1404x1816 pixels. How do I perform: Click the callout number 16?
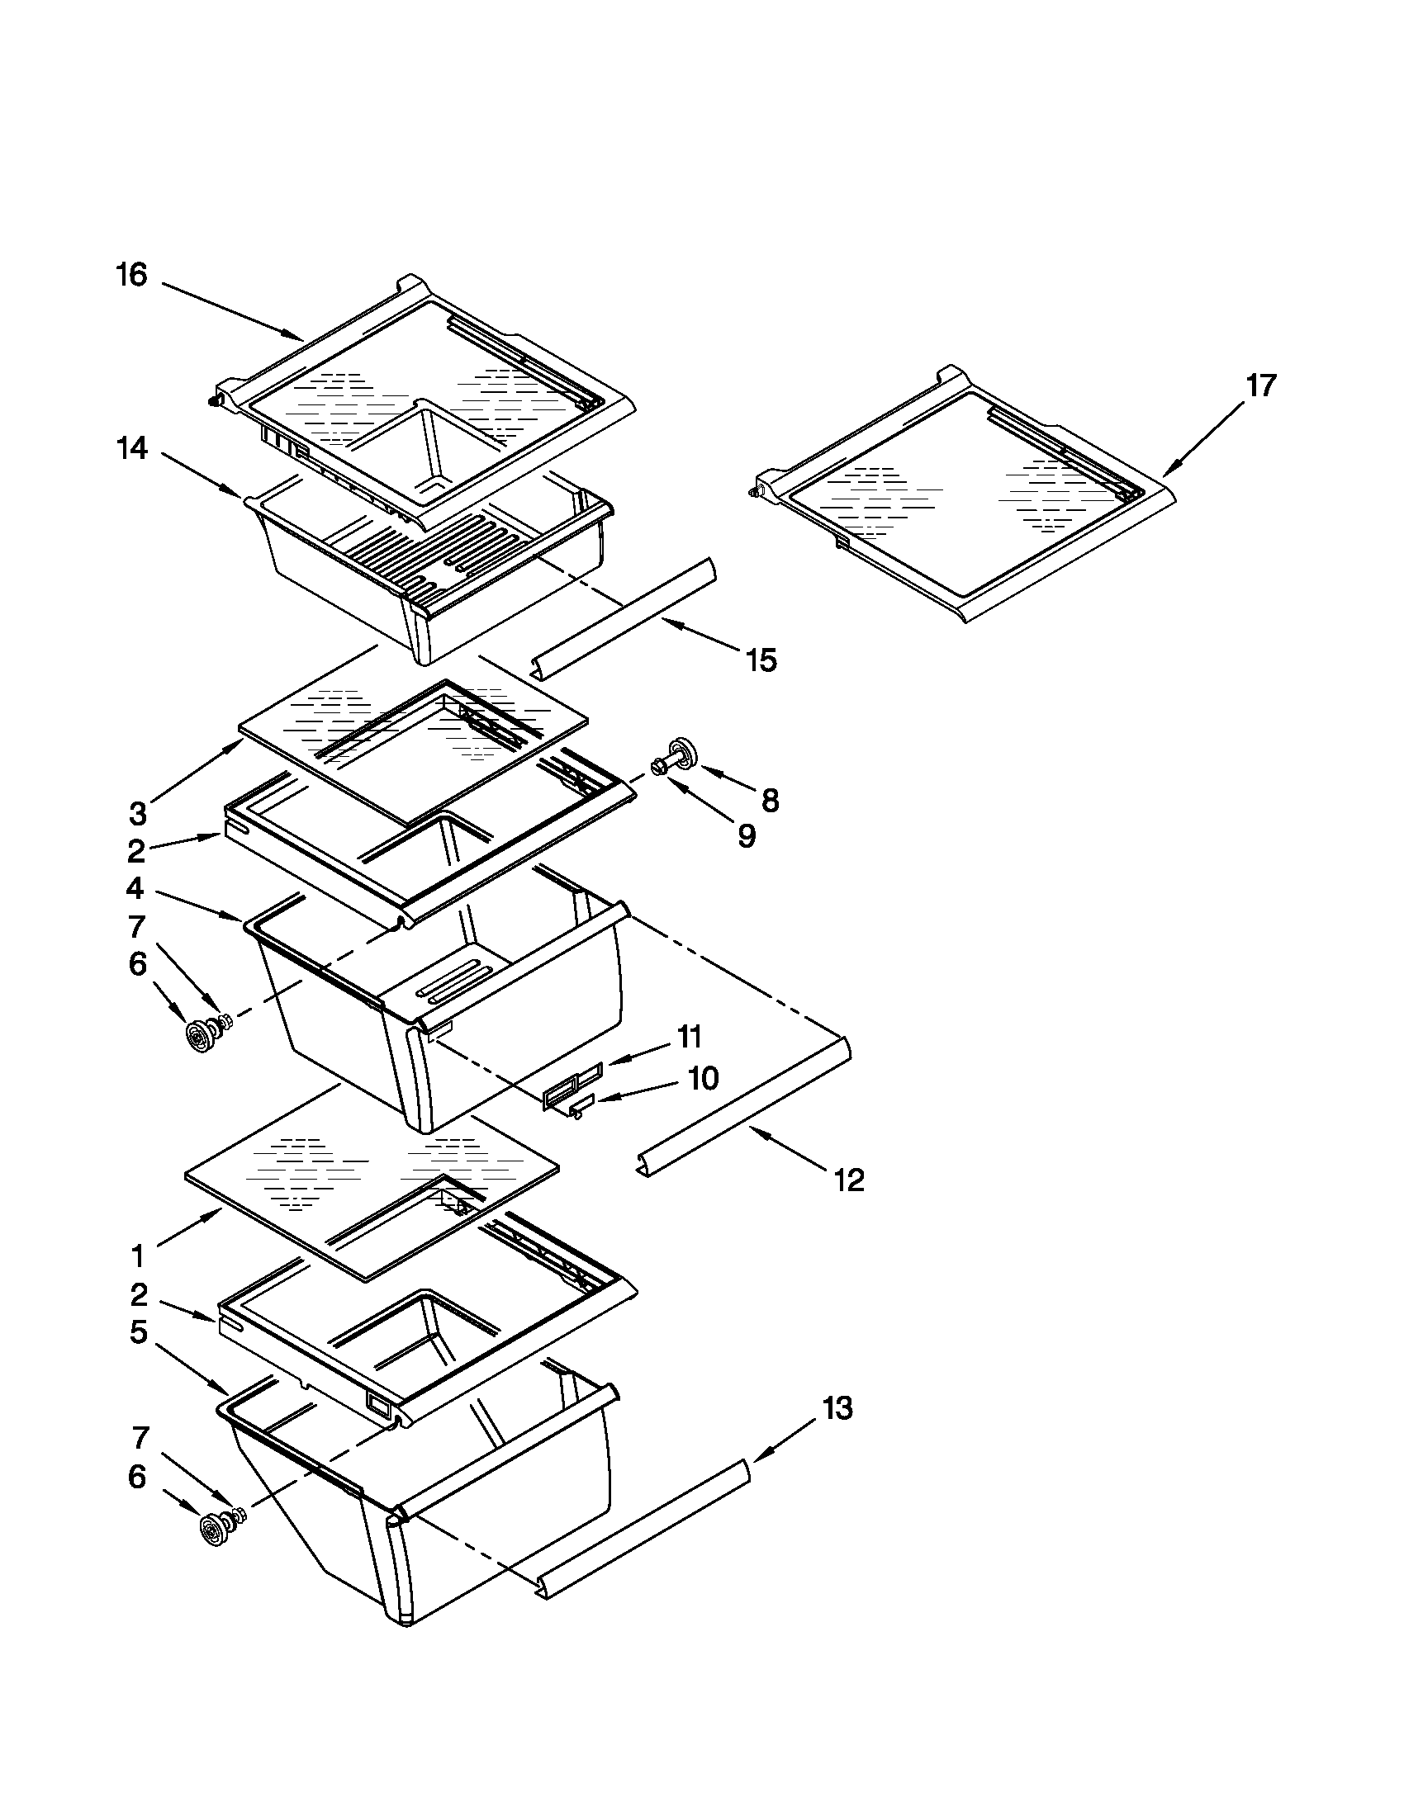(131, 275)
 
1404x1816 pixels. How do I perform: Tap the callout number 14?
(131, 449)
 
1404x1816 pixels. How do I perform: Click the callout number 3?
(138, 813)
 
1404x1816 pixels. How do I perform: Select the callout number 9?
(746, 835)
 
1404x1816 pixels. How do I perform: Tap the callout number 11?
(690, 1037)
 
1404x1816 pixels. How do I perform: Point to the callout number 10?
(703, 1079)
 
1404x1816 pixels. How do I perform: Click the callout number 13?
(837, 1408)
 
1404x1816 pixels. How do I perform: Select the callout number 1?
(138, 1254)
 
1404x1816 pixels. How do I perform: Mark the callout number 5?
(138, 1332)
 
